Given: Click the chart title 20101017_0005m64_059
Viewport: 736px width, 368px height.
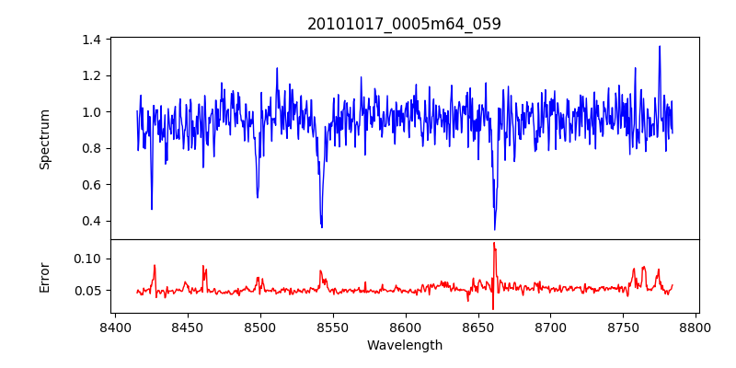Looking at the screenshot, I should (404, 24).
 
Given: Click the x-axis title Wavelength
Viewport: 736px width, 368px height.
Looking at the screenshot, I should (404, 346).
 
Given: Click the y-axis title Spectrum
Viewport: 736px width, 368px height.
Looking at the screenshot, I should (44, 139).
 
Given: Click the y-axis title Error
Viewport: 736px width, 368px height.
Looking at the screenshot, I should (44, 277).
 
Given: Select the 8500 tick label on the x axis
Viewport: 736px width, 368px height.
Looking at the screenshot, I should (259, 327).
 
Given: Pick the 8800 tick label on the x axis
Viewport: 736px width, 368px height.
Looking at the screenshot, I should (696, 327).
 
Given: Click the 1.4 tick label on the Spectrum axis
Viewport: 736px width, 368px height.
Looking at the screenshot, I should (91, 40).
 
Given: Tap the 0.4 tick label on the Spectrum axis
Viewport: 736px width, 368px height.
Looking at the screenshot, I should (91, 221).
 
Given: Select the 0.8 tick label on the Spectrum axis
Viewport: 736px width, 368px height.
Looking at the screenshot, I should (91, 148).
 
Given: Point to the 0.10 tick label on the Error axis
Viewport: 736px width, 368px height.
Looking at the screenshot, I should (87, 259).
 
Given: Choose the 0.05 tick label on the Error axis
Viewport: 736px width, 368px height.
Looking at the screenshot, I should (87, 291).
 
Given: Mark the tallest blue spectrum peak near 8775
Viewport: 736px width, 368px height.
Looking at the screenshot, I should (660, 46).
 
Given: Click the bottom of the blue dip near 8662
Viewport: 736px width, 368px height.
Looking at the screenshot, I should (495, 229).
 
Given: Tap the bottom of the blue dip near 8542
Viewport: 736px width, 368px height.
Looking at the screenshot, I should (322, 227).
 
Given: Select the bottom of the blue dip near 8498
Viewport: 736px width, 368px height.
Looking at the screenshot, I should (258, 197).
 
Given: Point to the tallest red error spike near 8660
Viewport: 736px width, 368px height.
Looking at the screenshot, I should (494, 243).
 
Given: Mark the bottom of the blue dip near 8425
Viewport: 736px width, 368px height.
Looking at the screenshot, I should (152, 209).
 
